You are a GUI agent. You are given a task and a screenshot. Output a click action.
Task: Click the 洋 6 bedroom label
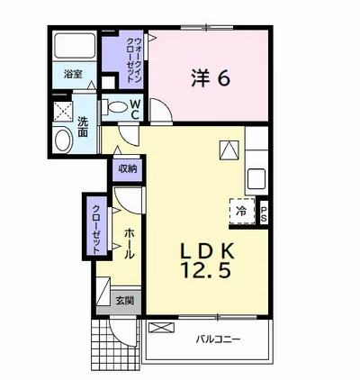coord(211,78)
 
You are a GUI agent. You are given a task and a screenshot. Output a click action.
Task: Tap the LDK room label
coord(207,251)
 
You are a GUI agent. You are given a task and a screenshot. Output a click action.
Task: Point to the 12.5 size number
coord(206,270)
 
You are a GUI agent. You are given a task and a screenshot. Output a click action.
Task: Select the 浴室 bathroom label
coord(73,74)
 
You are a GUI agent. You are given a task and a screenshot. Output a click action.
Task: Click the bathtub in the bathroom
coord(75,45)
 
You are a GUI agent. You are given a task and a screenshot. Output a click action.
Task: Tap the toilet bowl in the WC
coord(117,107)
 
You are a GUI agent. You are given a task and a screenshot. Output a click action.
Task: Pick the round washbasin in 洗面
coord(64,140)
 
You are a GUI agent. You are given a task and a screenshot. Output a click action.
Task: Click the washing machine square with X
coord(63,112)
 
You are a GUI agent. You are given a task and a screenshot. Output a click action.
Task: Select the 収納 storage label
coord(127,169)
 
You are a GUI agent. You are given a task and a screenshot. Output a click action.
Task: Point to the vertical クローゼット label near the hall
coord(96,229)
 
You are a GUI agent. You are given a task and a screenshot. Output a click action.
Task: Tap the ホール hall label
coord(130,243)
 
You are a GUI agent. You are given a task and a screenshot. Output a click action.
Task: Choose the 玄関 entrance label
coord(125,300)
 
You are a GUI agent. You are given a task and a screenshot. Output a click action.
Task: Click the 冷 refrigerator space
coord(242,211)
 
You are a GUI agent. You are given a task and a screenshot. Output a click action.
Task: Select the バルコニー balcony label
coord(219,339)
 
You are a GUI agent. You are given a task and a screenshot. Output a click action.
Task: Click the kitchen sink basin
coord(256,178)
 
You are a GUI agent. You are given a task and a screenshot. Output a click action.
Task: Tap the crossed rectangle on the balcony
coord(161,327)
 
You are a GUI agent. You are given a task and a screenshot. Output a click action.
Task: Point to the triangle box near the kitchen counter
coord(229,150)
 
